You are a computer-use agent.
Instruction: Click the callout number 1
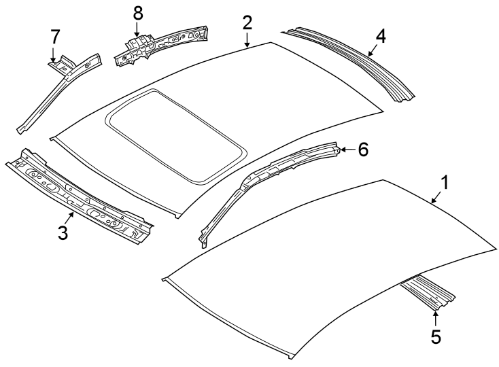(445, 182)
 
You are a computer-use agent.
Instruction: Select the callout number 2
(247, 22)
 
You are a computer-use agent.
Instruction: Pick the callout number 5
(436, 335)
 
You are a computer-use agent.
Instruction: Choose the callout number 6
(363, 150)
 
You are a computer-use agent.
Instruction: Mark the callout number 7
(54, 35)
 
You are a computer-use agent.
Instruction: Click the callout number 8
(138, 13)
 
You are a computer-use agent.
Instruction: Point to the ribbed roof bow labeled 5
(428, 292)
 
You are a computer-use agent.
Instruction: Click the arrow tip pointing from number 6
(341, 150)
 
